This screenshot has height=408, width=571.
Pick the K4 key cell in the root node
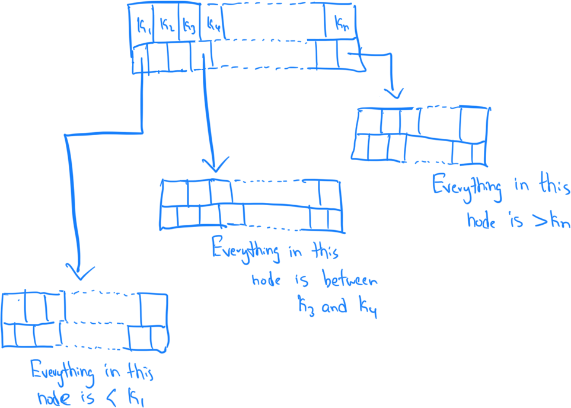[x=212, y=26]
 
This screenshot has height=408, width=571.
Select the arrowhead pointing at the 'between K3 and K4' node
[x=215, y=164]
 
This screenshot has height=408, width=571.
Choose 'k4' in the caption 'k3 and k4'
[x=368, y=308]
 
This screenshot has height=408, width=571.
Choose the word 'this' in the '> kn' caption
[x=554, y=187]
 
